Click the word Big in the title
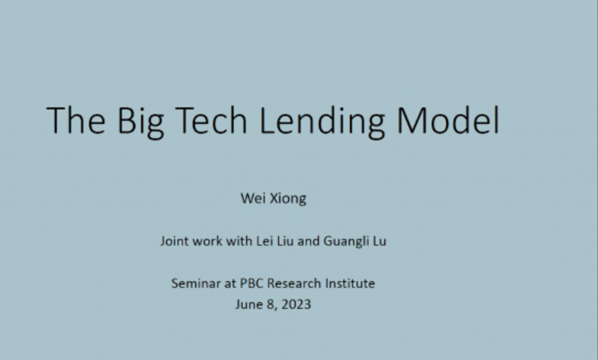click(141, 122)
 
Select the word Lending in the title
click(322, 122)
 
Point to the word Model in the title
click(448, 120)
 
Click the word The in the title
click(76, 120)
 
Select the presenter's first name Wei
click(252, 198)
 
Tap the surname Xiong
click(287, 199)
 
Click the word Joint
click(174, 241)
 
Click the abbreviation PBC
click(251, 283)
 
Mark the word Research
click(294, 283)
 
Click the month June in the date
click(249, 304)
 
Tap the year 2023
click(297, 304)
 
